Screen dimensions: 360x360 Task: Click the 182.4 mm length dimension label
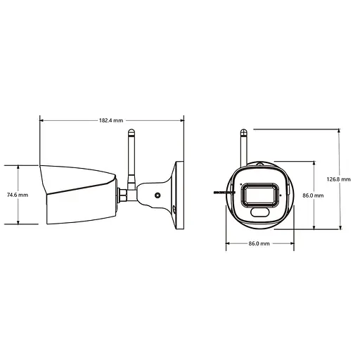112,120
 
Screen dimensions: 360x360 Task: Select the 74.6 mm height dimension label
18,195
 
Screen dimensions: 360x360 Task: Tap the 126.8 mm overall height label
340,179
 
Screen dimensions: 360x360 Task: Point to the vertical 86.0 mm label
312,195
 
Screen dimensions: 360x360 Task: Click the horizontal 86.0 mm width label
259,243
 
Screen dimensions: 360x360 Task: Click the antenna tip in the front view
243,131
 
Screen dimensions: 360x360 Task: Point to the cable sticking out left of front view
221,192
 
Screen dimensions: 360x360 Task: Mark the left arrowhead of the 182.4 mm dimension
42,120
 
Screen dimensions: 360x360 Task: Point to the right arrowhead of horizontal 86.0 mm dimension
292,243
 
